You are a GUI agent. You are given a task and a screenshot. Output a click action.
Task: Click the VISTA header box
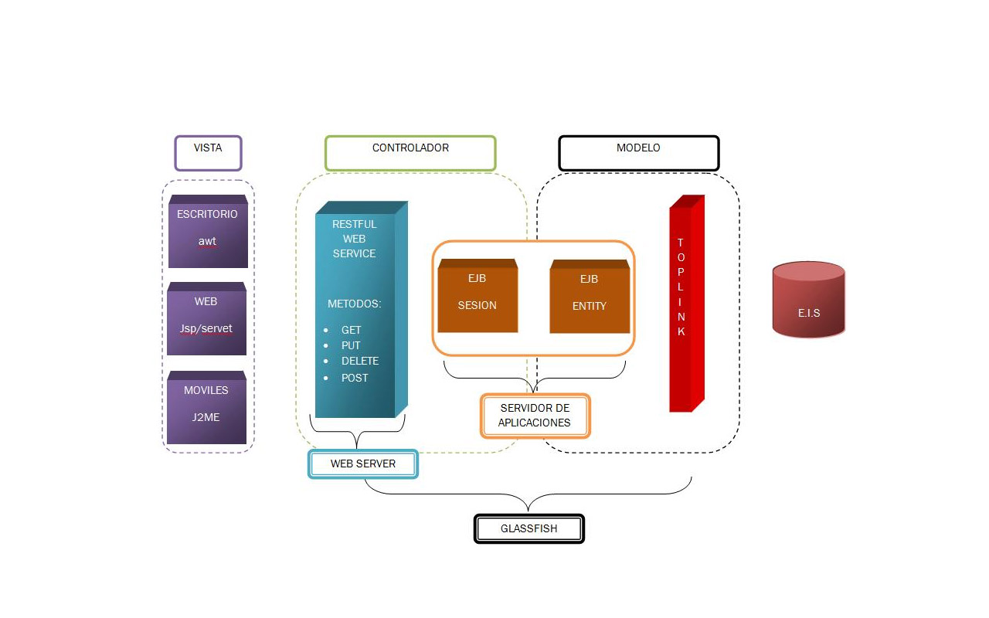[x=208, y=153]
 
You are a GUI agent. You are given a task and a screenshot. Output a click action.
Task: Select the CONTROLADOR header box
[x=410, y=153]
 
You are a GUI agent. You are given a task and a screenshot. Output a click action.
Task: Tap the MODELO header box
[x=638, y=153]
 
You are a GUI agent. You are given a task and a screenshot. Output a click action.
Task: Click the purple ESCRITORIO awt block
[x=208, y=232]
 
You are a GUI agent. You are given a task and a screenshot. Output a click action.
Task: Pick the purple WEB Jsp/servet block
[x=206, y=319]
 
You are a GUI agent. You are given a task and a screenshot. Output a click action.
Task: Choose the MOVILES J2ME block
[x=206, y=408]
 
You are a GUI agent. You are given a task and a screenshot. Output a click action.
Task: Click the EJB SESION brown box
[x=478, y=297]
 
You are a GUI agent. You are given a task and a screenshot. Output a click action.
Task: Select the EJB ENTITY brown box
[x=590, y=297]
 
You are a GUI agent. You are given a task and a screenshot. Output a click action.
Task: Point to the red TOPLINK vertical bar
[x=685, y=304]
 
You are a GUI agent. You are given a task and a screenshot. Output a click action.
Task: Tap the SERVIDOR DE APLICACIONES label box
[x=535, y=416]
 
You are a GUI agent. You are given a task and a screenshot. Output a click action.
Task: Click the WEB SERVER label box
[x=363, y=464]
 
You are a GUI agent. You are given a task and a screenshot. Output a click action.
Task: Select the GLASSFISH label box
[x=528, y=529]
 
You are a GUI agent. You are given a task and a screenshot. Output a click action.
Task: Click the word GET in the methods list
[x=352, y=330]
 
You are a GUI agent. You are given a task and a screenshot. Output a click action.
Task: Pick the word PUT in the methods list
[x=351, y=345]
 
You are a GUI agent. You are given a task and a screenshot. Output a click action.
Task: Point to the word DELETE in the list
[x=360, y=361]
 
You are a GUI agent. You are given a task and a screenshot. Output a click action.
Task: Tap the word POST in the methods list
[x=355, y=378]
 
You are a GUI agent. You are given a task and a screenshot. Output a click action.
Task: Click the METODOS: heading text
[x=354, y=304]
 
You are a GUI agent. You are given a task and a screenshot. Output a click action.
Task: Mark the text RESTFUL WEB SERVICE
[x=355, y=239]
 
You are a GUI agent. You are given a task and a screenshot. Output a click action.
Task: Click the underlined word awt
[x=207, y=241]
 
